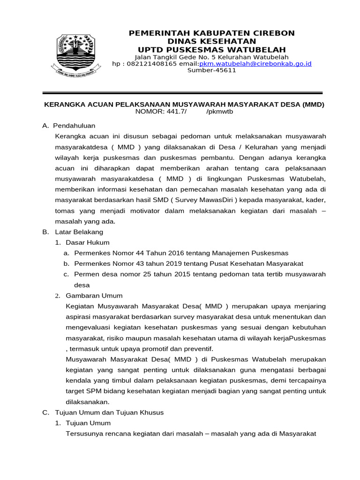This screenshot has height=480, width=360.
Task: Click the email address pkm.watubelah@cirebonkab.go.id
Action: point(255,64)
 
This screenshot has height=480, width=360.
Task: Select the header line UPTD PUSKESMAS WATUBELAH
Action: point(212,50)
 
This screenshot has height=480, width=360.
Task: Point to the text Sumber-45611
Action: point(212,70)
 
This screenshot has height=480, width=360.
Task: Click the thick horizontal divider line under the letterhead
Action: point(183,93)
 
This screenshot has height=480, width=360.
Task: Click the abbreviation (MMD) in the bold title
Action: point(313,104)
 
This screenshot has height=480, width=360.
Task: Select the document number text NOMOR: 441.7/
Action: point(161,112)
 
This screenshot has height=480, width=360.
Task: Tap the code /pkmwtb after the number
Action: point(219,112)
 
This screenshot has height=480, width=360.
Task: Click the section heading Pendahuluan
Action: point(74,126)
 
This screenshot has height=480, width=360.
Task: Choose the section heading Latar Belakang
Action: point(79,232)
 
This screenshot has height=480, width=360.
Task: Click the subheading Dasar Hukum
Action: point(88,242)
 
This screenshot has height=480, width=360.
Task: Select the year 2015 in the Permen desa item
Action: point(173,274)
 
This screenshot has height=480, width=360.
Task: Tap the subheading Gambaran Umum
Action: point(94,295)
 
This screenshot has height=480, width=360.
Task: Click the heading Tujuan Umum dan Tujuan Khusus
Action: point(109,412)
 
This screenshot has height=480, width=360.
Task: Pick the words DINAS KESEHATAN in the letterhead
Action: point(212,41)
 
